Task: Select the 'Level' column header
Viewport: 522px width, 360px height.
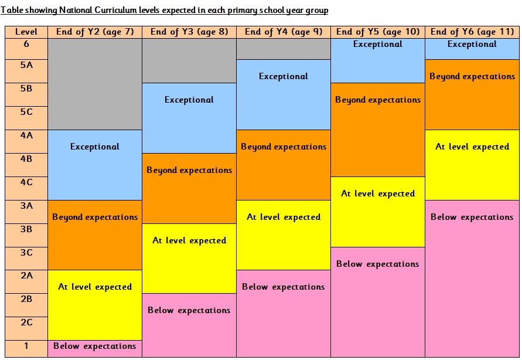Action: [x=26, y=32]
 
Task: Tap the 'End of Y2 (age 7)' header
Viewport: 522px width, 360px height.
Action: [x=95, y=32]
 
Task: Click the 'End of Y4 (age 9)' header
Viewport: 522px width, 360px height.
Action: [x=284, y=32]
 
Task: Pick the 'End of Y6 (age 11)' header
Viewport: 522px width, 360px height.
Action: [x=472, y=32]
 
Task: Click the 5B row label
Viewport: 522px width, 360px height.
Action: [x=26, y=89]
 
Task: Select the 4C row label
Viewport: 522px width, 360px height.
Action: [x=26, y=182]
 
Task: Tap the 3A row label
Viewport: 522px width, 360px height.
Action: [x=26, y=206]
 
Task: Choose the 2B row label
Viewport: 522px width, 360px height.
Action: [x=26, y=299]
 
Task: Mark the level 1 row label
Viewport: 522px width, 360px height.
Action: [x=26, y=346]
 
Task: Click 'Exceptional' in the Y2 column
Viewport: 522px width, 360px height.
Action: [x=95, y=147]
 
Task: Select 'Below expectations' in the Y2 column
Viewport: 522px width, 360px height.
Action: [x=95, y=346]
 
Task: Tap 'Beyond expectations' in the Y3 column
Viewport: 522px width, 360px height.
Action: [x=189, y=170]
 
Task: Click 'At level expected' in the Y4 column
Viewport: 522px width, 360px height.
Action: [x=284, y=217]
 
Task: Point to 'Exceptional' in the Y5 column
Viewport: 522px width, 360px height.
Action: [x=378, y=45]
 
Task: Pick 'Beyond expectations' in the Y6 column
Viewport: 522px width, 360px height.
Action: [x=472, y=76]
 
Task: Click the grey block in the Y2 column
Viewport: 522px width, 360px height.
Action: [x=95, y=84]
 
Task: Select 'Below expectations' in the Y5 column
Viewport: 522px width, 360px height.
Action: [x=378, y=264]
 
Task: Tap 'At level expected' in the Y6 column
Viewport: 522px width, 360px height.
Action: [x=472, y=147]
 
